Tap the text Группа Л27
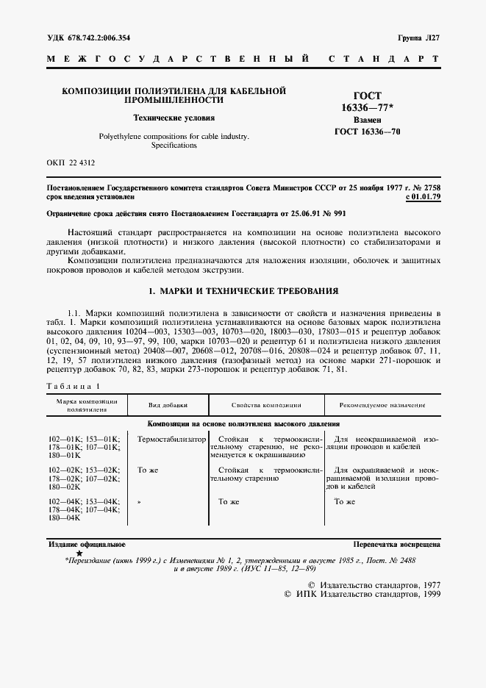(418, 37)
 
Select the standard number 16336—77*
(368, 107)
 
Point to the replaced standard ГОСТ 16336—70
(368, 132)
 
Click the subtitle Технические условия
(174, 118)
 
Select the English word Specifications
(174, 146)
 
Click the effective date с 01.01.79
(423, 197)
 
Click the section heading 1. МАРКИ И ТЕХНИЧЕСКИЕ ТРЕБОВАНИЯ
(243, 291)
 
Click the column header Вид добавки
(168, 405)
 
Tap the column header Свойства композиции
(266, 405)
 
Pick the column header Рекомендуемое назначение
(382, 405)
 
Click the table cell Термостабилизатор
(168, 438)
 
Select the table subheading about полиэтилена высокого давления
(243, 424)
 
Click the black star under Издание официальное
(79, 552)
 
